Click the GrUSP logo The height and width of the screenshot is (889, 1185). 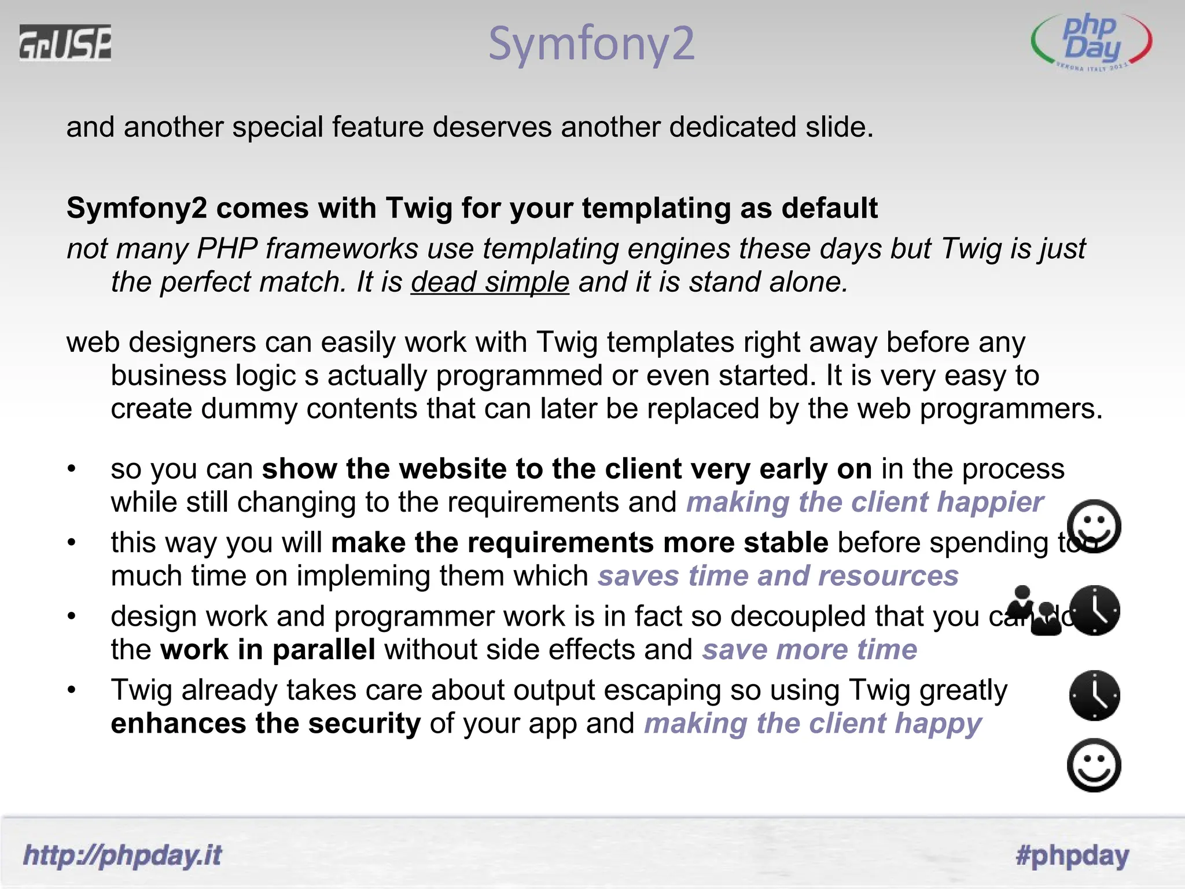pos(65,42)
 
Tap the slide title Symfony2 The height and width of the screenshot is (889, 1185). pos(591,43)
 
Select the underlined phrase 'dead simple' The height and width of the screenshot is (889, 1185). pos(490,282)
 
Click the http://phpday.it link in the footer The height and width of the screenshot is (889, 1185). pos(122,855)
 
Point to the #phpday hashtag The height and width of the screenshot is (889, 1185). pos(1072,855)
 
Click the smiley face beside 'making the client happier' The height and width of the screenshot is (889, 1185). pos(1094,526)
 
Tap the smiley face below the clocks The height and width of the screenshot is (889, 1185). pos(1094,765)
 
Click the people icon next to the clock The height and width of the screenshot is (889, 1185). pos(1034,611)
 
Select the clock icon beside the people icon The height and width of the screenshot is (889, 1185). pos(1094,611)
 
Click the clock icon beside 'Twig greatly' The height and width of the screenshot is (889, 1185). pos(1094,695)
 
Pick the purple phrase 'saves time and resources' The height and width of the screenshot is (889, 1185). pos(778,576)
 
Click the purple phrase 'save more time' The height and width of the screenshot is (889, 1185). pos(809,650)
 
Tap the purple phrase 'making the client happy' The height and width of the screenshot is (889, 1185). pos(812,724)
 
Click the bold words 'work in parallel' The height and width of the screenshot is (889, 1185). pos(267,650)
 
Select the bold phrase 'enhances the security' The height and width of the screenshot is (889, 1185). pos(266,724)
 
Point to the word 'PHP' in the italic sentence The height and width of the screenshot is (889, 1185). pos(227,249)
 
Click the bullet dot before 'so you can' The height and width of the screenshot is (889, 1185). pos(71,468)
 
